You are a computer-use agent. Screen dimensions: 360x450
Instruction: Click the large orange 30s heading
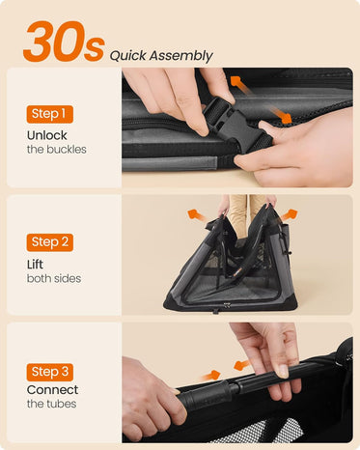64,42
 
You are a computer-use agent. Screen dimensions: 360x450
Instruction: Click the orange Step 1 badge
50,114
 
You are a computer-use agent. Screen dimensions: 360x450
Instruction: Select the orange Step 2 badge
50,242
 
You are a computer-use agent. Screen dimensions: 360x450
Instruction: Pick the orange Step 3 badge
50,372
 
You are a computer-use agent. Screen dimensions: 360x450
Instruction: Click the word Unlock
47,135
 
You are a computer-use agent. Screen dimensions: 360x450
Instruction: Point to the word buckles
67,150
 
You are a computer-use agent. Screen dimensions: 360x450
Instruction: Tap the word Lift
35,265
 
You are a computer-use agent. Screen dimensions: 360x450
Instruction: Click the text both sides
54,278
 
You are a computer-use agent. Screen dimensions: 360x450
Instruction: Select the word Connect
53,390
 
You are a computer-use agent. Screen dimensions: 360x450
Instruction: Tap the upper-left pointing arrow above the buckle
240,84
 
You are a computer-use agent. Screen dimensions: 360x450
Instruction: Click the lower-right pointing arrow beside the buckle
281,115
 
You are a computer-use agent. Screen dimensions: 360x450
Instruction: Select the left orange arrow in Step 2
197,214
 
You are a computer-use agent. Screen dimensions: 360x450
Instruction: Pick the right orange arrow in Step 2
289,214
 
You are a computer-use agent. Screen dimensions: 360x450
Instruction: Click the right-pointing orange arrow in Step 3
210,376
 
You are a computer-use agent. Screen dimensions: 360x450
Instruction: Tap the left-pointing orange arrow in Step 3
242,365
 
